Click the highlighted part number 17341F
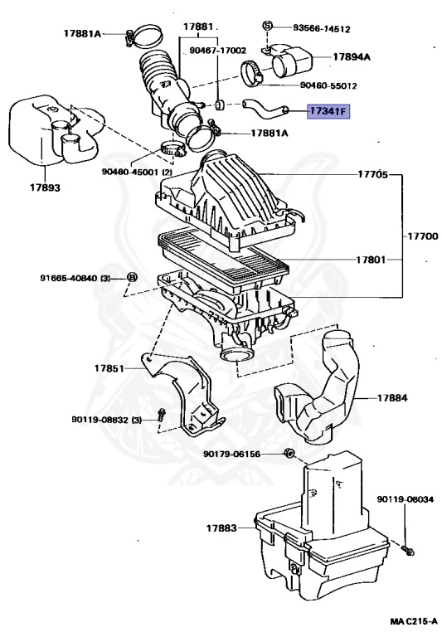(x=328, y=111)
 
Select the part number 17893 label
(x=45, y=187)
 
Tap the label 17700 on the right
(x=423, y=236)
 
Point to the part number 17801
(x=371, y=259)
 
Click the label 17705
(x=372, y=174)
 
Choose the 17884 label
(x=392, y=398)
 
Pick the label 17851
(x=109, y=368)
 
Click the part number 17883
(x=221, y=528)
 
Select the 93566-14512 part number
(x=322, y=29)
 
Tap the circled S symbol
(x=267, y=25)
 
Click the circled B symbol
(x=132, y=278)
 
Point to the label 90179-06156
(x=231, y=454)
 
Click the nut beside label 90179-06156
(x=289, y=453)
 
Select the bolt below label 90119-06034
(x=407, y=551)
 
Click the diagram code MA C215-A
(x=414, y=621)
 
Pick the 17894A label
(x=352, y=57)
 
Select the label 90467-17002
(x=218, y=51)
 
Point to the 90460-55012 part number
(x=328, y=85)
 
